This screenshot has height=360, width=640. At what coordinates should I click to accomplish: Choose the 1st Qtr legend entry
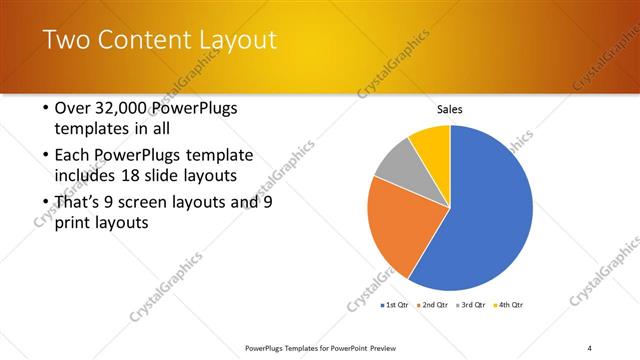[x=396, y=304]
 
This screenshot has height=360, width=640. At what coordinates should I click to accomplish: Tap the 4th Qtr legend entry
[x=510, y=304]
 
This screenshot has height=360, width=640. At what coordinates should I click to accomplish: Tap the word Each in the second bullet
[x=75, y=155]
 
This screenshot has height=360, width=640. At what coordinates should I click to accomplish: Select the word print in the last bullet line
[x=75, y=223]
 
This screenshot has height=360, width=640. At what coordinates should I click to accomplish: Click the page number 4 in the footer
[x=590, y=347]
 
